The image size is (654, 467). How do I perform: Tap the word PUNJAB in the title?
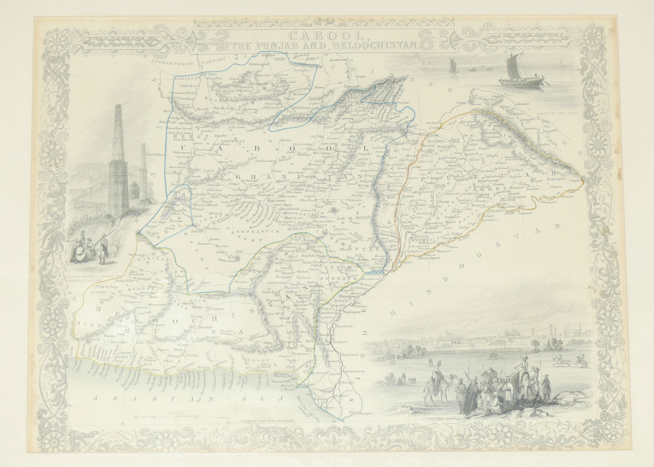(x=302, y=44)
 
